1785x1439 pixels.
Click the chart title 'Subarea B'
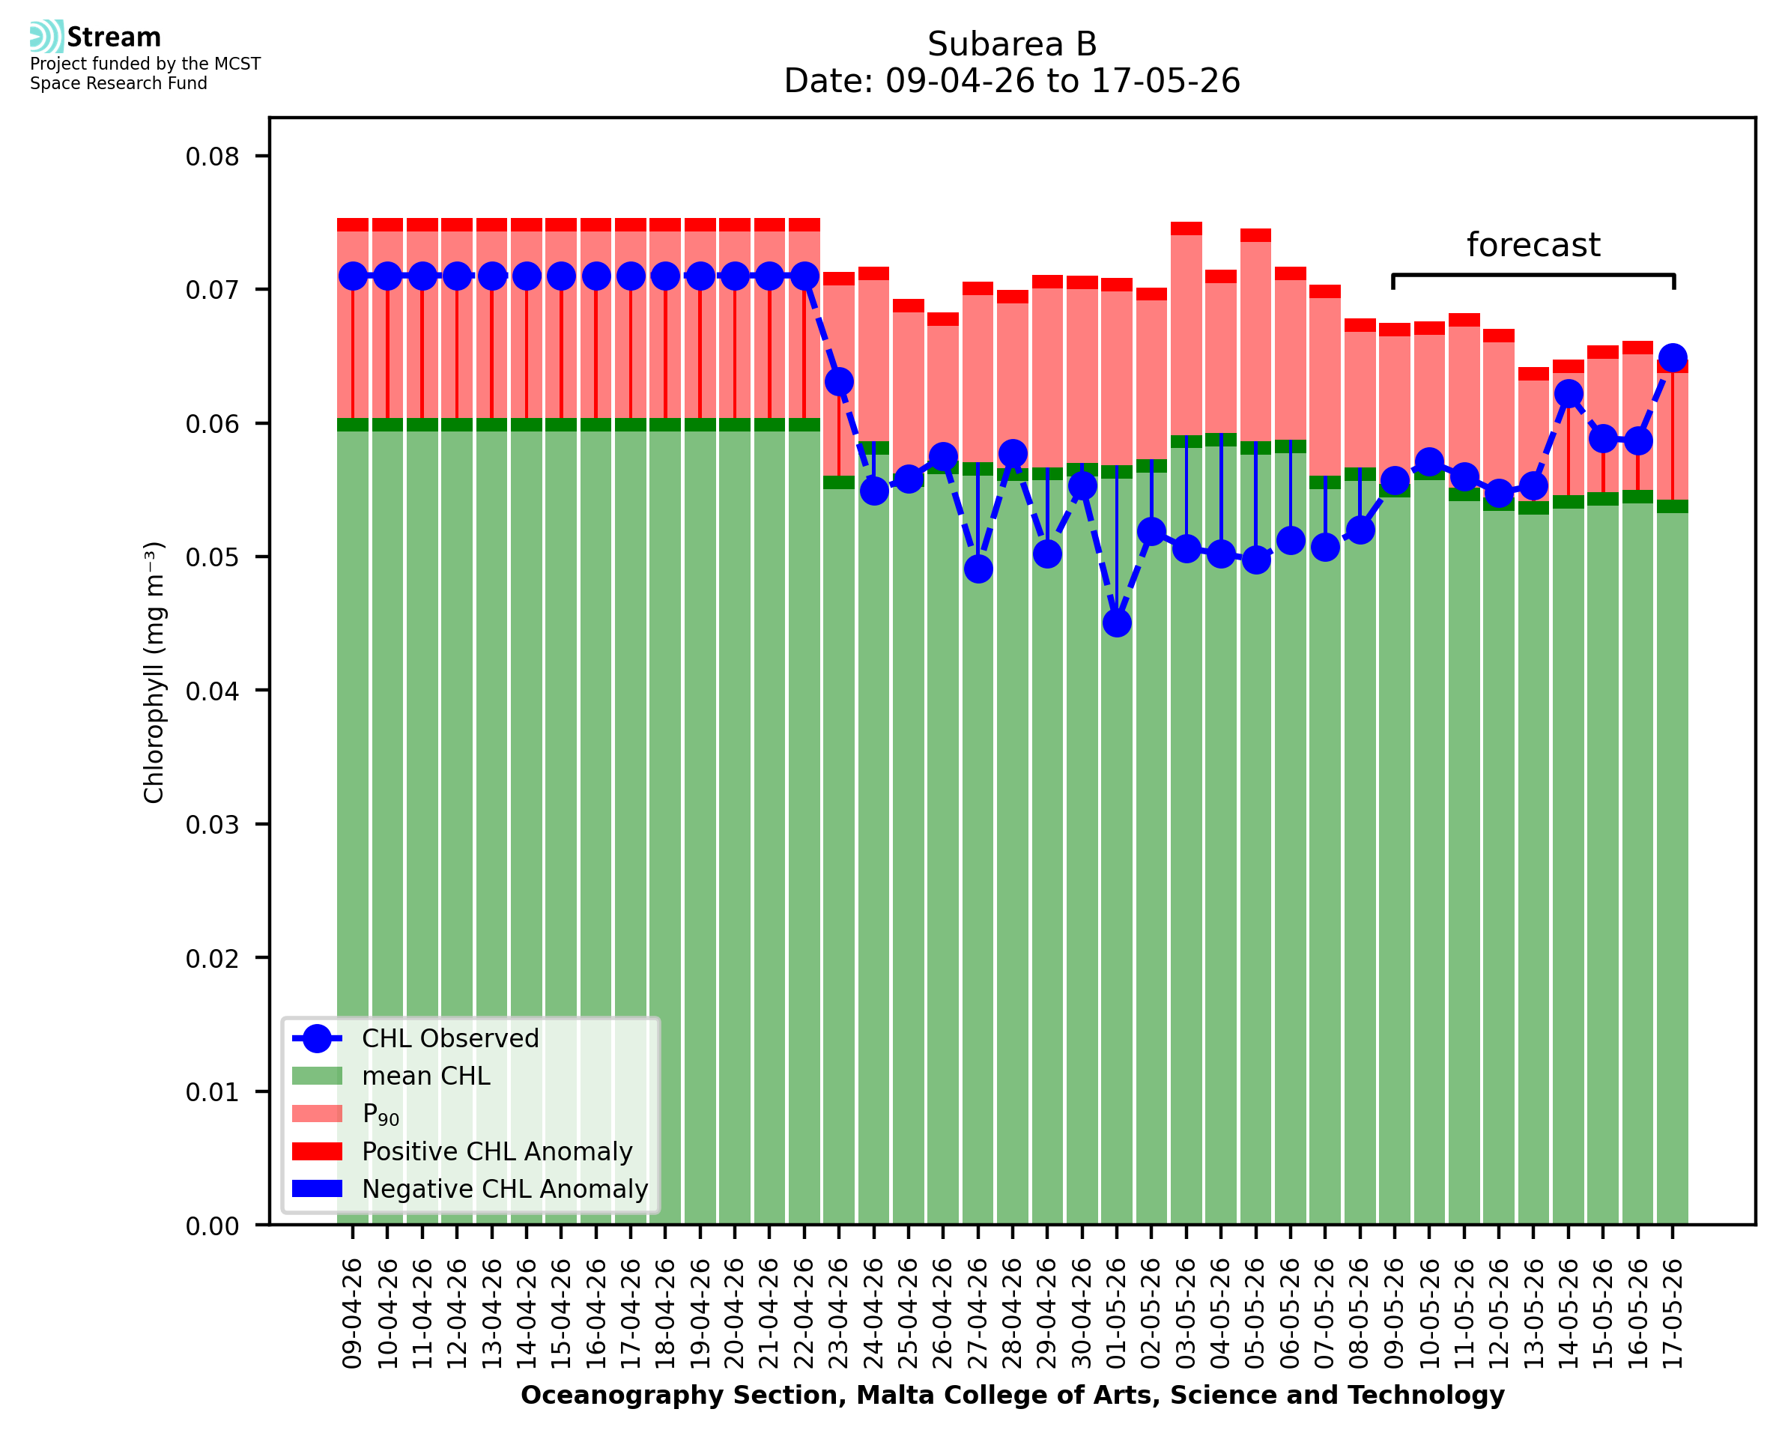pyautogui.click(x=1012, y=44)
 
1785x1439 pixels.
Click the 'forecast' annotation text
pyautogui.click(x=1533, y=246)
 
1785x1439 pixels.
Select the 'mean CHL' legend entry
pyautogui.click(x=426, y=1076)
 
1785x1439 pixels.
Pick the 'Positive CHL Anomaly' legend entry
pyautogui.click(x=497, y=1151)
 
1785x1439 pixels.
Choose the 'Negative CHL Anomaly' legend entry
pyautogui.click(x=505, y=1189)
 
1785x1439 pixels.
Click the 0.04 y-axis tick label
pyautogui.click(x=212, y=691)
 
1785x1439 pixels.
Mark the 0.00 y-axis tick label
pyautogui.click(x=212, y=1226)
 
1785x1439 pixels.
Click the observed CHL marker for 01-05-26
pyautogui.click(x=1117, y=623)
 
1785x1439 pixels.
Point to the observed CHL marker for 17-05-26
pyautogui.click(x=1673, y=358)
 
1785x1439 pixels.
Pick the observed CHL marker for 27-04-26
pyautogui.click(x=978, y=569)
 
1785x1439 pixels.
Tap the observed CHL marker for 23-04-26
pyautogui.click(x=840, y=382)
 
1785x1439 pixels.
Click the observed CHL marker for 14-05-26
pyautogui.click(x=1569, y=394)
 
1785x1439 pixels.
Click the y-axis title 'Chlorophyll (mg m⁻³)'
pyautogui.click(x=154, y=672)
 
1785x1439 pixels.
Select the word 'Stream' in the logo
pyautogui.click(x=115, y=37)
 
